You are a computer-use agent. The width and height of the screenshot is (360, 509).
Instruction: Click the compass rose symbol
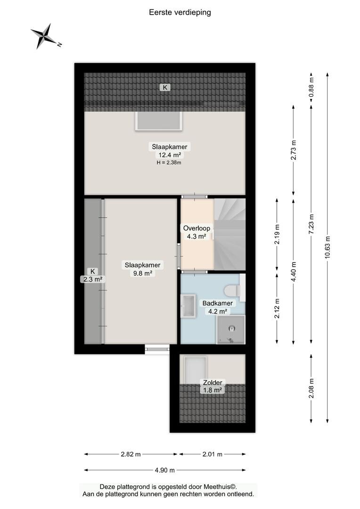click(x=44, y=36)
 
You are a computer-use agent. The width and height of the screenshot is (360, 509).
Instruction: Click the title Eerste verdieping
click(x=180, y=12)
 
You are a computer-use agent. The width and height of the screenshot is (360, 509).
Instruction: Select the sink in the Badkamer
click(x=188, y=306)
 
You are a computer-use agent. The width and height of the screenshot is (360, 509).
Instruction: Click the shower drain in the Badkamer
click(x=232, y=329)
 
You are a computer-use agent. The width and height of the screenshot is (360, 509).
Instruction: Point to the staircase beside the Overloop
click(x=229, y=234)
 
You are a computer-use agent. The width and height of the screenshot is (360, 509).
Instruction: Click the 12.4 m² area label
click(x=170, y=155)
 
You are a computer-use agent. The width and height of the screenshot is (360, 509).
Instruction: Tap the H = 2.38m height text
click(x=169, y=163)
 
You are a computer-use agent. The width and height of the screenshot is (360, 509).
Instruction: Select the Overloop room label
click(x=196, y=228)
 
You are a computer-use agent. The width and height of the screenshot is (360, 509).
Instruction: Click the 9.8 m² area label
click(x=142, y=273)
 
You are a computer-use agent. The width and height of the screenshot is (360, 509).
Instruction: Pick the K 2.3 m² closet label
click(x=93, y=275)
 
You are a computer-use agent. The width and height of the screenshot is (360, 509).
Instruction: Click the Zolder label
click(x=213, y=382)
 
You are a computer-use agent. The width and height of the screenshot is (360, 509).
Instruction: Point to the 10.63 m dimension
click(x=327, y=247)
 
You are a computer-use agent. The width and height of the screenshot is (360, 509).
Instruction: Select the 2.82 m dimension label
click(x=131, y=454)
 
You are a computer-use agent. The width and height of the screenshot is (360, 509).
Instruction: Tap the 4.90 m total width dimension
click(x=165, y=470)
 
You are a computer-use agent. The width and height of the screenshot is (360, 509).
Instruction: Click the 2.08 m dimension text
click(x=311, y=388)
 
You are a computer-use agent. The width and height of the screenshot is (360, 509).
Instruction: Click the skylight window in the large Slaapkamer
click(x=158, y=121)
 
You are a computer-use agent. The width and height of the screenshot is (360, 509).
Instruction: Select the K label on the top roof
click(x=165, y=87)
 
